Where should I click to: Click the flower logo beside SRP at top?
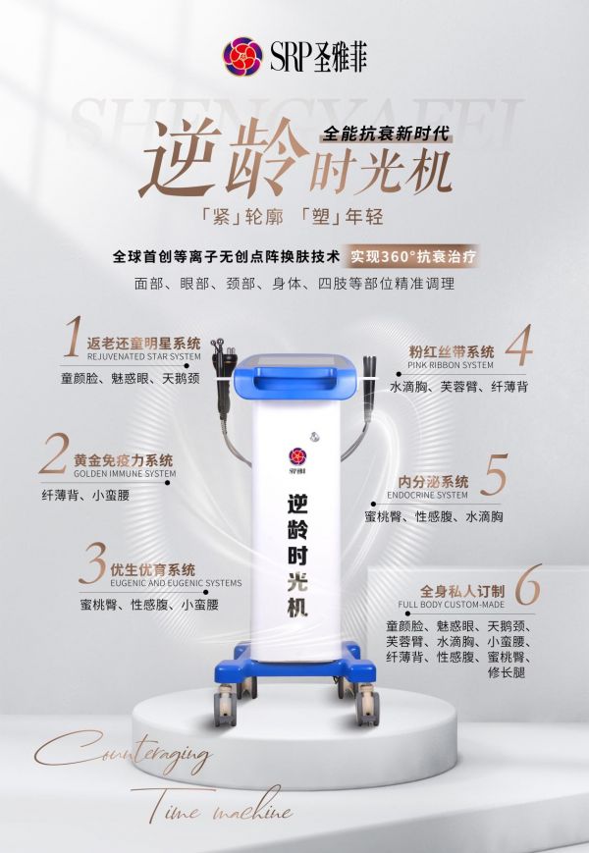[242, 56]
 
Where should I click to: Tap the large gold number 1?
[73, 337]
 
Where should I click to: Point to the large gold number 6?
[527, 585]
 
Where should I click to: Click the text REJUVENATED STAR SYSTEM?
[143, 357]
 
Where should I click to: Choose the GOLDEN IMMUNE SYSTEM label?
[125, 474]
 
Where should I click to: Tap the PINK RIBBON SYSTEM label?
[451, 365]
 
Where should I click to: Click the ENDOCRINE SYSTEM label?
[427, 495]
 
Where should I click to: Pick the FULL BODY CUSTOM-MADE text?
[451, 605]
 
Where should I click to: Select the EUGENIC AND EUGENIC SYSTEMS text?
[176, 583]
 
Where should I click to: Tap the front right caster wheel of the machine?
[368, 706]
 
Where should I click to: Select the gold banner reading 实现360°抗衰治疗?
[412, 256]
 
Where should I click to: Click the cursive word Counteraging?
[123, 754]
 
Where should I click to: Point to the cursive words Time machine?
[212, 805]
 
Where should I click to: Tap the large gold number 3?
[92, 563]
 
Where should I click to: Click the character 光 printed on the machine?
[297, 581]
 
